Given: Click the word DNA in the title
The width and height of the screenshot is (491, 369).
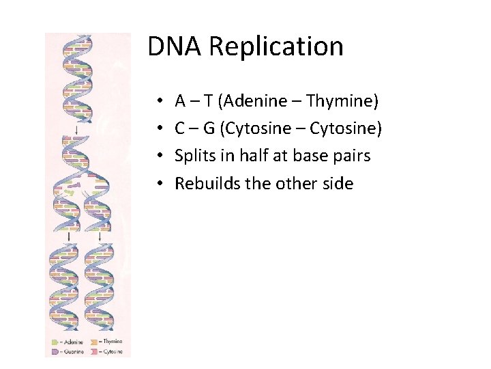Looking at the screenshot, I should [x=175, y=46].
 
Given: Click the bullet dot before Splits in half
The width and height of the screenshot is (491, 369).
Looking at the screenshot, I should [x=158, y=156].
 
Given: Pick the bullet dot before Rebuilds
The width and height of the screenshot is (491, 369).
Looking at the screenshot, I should [x=158, y=184].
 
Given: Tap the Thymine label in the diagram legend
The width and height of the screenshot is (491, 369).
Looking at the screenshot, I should [x=112, y=342].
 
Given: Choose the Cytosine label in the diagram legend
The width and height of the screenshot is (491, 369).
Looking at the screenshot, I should [x=113, y=351].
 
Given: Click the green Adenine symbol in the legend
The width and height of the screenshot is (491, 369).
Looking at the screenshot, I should [x=55, y=342].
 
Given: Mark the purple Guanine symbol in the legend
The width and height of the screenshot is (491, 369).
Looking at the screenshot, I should [x=55, y=351].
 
